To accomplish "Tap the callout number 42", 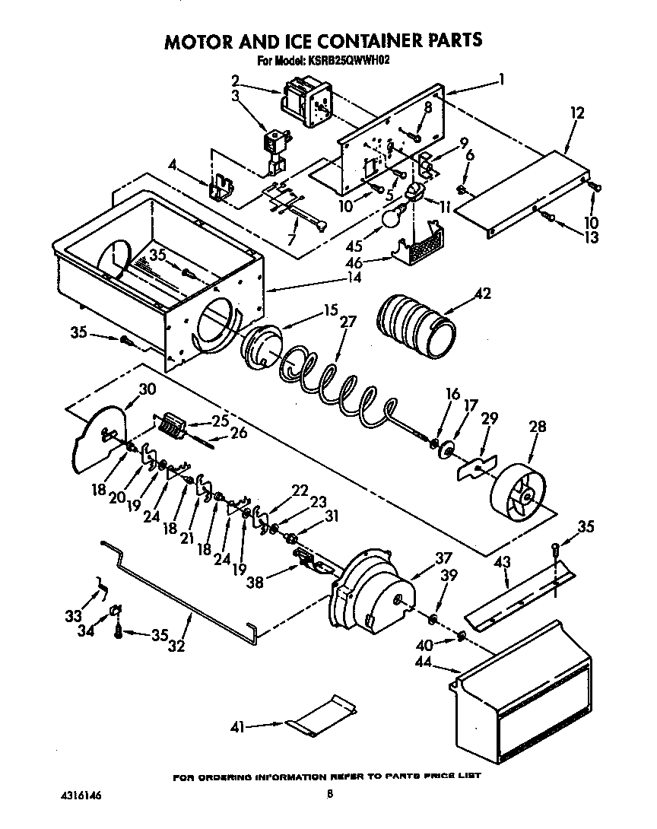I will tap(483, 294).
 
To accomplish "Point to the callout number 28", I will tap(537, 427).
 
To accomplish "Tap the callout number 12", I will tap(577, 113).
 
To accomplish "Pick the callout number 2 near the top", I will tap(235, 79).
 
